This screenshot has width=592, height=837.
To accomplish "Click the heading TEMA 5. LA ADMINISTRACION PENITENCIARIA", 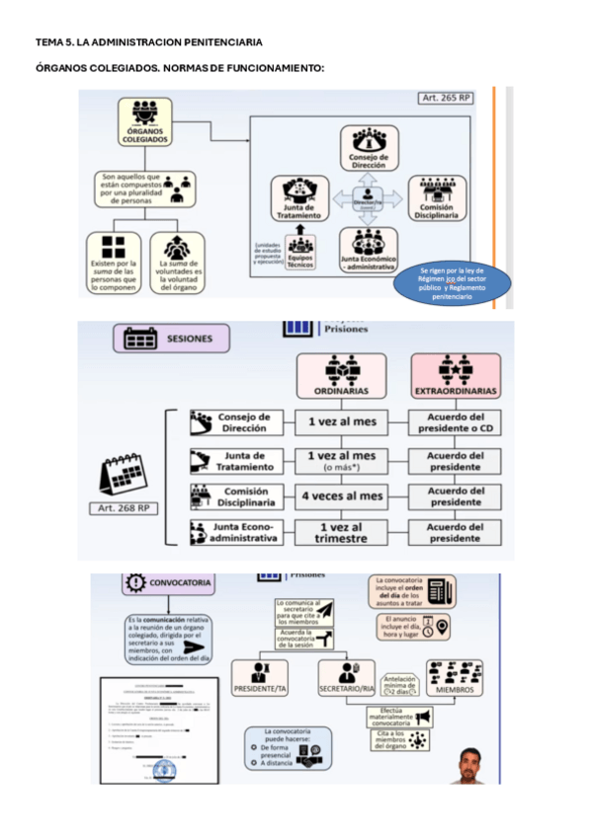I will click(x=148, y=42).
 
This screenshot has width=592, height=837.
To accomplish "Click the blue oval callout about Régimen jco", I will click(x=452, y=283).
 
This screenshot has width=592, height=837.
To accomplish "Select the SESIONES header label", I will click(x=170, y=339).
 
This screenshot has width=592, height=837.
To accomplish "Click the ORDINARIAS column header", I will click(x=340, y=378).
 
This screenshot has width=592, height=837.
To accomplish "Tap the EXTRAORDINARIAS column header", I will click(x=456, y=378).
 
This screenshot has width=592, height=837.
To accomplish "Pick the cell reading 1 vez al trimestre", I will click(x=340, y=533).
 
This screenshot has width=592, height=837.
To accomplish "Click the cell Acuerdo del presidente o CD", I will click(x=456, y=422).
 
